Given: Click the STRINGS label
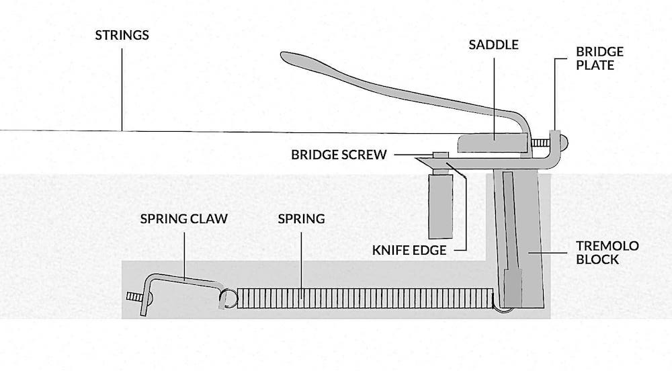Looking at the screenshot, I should pos(122,35).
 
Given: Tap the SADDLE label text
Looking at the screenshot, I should pos(494,45).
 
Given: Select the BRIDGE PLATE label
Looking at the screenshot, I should pos(599,58).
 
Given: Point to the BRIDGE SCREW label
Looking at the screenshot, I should pos(339,155).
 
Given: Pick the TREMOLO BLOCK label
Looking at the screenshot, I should pos(607,252).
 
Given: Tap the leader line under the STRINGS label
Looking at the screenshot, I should pos(122,87).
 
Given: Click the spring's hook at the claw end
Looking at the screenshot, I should pos(226,297).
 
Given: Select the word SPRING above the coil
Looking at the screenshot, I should pos(301,219).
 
